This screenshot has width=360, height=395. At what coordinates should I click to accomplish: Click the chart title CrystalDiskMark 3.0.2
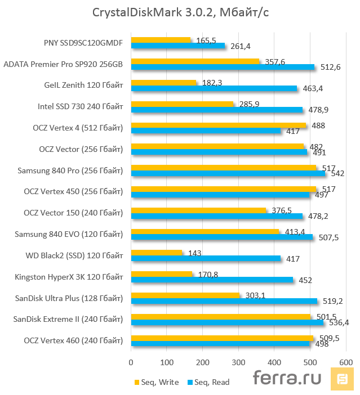click(x=180, y=12)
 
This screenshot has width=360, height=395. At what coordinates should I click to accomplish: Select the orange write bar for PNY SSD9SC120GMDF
click(x=161, y=40)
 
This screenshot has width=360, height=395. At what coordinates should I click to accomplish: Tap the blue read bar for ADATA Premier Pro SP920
click(x=223, y=67)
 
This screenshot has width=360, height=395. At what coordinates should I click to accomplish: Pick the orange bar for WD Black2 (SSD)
click(x=157, y=253)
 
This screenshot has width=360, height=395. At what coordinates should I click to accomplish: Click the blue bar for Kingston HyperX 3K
click(x=212, y=280)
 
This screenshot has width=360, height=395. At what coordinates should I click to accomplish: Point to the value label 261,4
click(x=241, y=46)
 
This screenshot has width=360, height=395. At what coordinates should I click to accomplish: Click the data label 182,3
click(x=212, y=83)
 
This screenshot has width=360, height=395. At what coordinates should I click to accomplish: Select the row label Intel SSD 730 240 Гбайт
click(x=80, y=106)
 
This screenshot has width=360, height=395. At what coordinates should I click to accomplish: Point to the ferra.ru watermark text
click(x=287, y=378)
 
